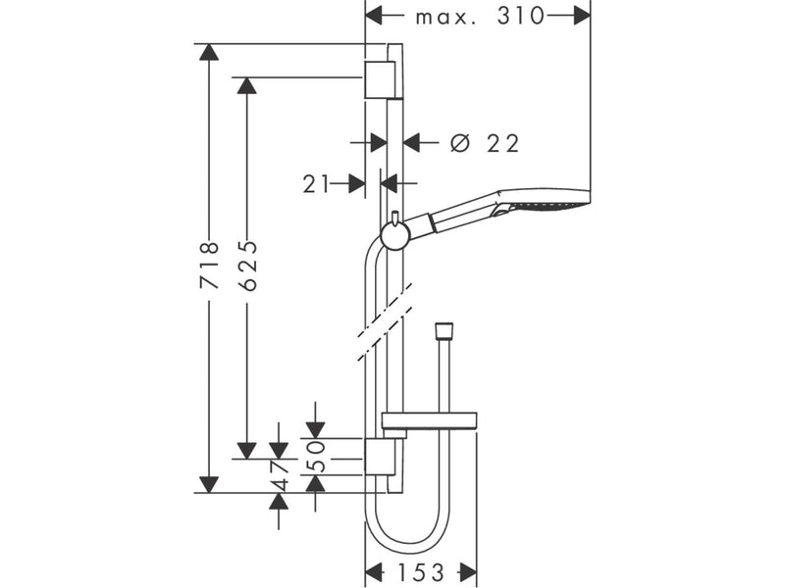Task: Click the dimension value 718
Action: (x=209, y=265)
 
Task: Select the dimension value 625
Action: (x=247, y=266)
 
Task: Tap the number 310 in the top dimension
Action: (x=521, y=16)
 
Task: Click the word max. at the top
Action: (x=445, y=18)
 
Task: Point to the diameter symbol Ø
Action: (x=460, y=143)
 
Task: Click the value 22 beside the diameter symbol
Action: (x=503, y=144)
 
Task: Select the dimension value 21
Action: (x=316, y=184)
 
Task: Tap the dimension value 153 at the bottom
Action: (x=421, y=572)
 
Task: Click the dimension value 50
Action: (x=315, y=456)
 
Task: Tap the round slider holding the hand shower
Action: (x=396, y=235)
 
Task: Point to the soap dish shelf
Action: (x=430, y=421)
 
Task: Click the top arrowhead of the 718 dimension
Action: (x=209, y=52)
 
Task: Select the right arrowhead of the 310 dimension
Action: (x=582, y=16)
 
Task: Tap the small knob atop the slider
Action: (x=395, y=219)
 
